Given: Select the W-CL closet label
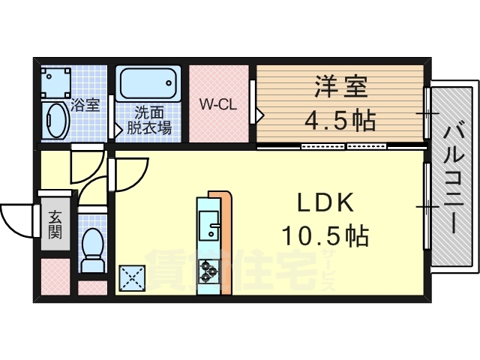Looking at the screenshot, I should (217, 104).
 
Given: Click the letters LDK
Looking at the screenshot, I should (325, 204).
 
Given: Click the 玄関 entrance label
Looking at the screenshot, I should (55, 223).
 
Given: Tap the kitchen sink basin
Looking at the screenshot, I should (207, 224).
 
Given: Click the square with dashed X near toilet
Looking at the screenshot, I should (132, 278).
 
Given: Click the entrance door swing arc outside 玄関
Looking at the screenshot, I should (16, 218).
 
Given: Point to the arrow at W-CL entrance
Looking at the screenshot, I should (259, 115).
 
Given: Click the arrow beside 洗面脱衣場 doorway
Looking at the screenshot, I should (118, 129).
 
